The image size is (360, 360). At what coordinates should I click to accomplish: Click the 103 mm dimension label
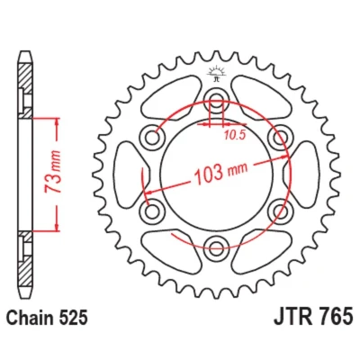pos(221,173)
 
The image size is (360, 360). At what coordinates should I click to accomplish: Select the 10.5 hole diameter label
pos(234,136)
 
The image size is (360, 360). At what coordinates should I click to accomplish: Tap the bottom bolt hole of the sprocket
pos(216,247)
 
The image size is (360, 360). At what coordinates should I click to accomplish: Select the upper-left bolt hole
pos(152,139)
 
